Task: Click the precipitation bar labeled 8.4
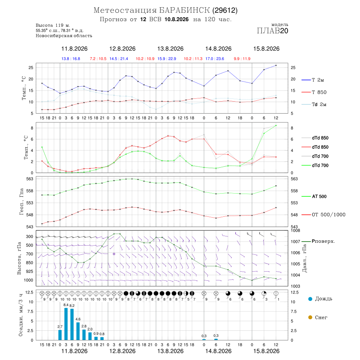[x=66, y=324]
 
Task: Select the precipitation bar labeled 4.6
[x=78, y=331]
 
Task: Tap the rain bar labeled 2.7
[x=60, y=335]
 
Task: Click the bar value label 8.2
[x=72, y=306]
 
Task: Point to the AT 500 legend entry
[x=314, y=196]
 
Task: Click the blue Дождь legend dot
[x=310, y=299]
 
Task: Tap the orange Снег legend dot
[x=310, y=317]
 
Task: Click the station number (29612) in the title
[x=225, y=10]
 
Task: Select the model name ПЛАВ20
[x=272, y=31]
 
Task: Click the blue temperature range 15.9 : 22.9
[x=167, y=59]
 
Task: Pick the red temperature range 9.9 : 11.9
[x=242, y=59]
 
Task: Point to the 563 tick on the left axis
[x=30, y=179]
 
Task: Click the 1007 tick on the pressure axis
[x=295, y=242]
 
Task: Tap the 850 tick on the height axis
[x=29, y=263]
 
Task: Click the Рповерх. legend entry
[x=318, y=241]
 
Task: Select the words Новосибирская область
[x=64, y=36]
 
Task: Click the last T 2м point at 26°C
[x=276, y=66]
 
